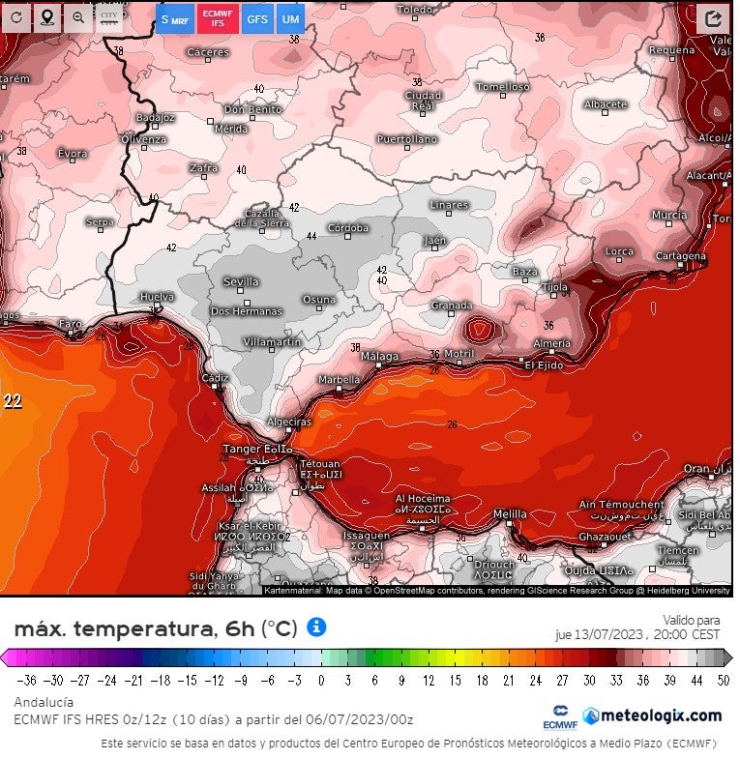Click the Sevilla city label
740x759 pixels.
(x=241, y=282)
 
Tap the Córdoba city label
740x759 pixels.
(x=348, y=228)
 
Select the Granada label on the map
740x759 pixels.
(x=451, y=306)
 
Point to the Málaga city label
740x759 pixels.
(x=379, y=357)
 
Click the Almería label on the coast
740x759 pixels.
(x=551, y=343)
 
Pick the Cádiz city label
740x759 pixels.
(x=215, y=377)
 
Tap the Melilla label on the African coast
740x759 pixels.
(x=510, y=513)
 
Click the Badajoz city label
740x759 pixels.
(x=156, y=117)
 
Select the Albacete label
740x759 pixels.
(x=606, y=104)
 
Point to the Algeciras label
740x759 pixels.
(x=288, y=423)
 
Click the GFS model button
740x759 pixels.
(x=257, y=18)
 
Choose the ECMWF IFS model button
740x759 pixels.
(x=218, y=18)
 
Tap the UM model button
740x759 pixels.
(x=289, y=18)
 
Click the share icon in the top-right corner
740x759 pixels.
(x=713, y=18)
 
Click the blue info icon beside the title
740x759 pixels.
(x=316, y=627)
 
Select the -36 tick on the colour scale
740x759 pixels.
(x=27, y=680)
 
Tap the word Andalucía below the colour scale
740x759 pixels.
(x=44, y=702)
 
